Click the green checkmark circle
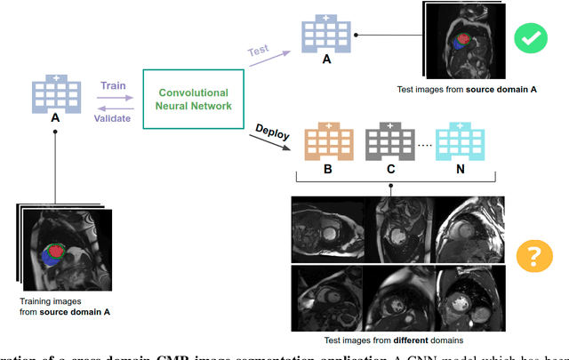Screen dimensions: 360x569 coord(531,37)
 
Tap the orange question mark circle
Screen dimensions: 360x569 coord(533,256)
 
